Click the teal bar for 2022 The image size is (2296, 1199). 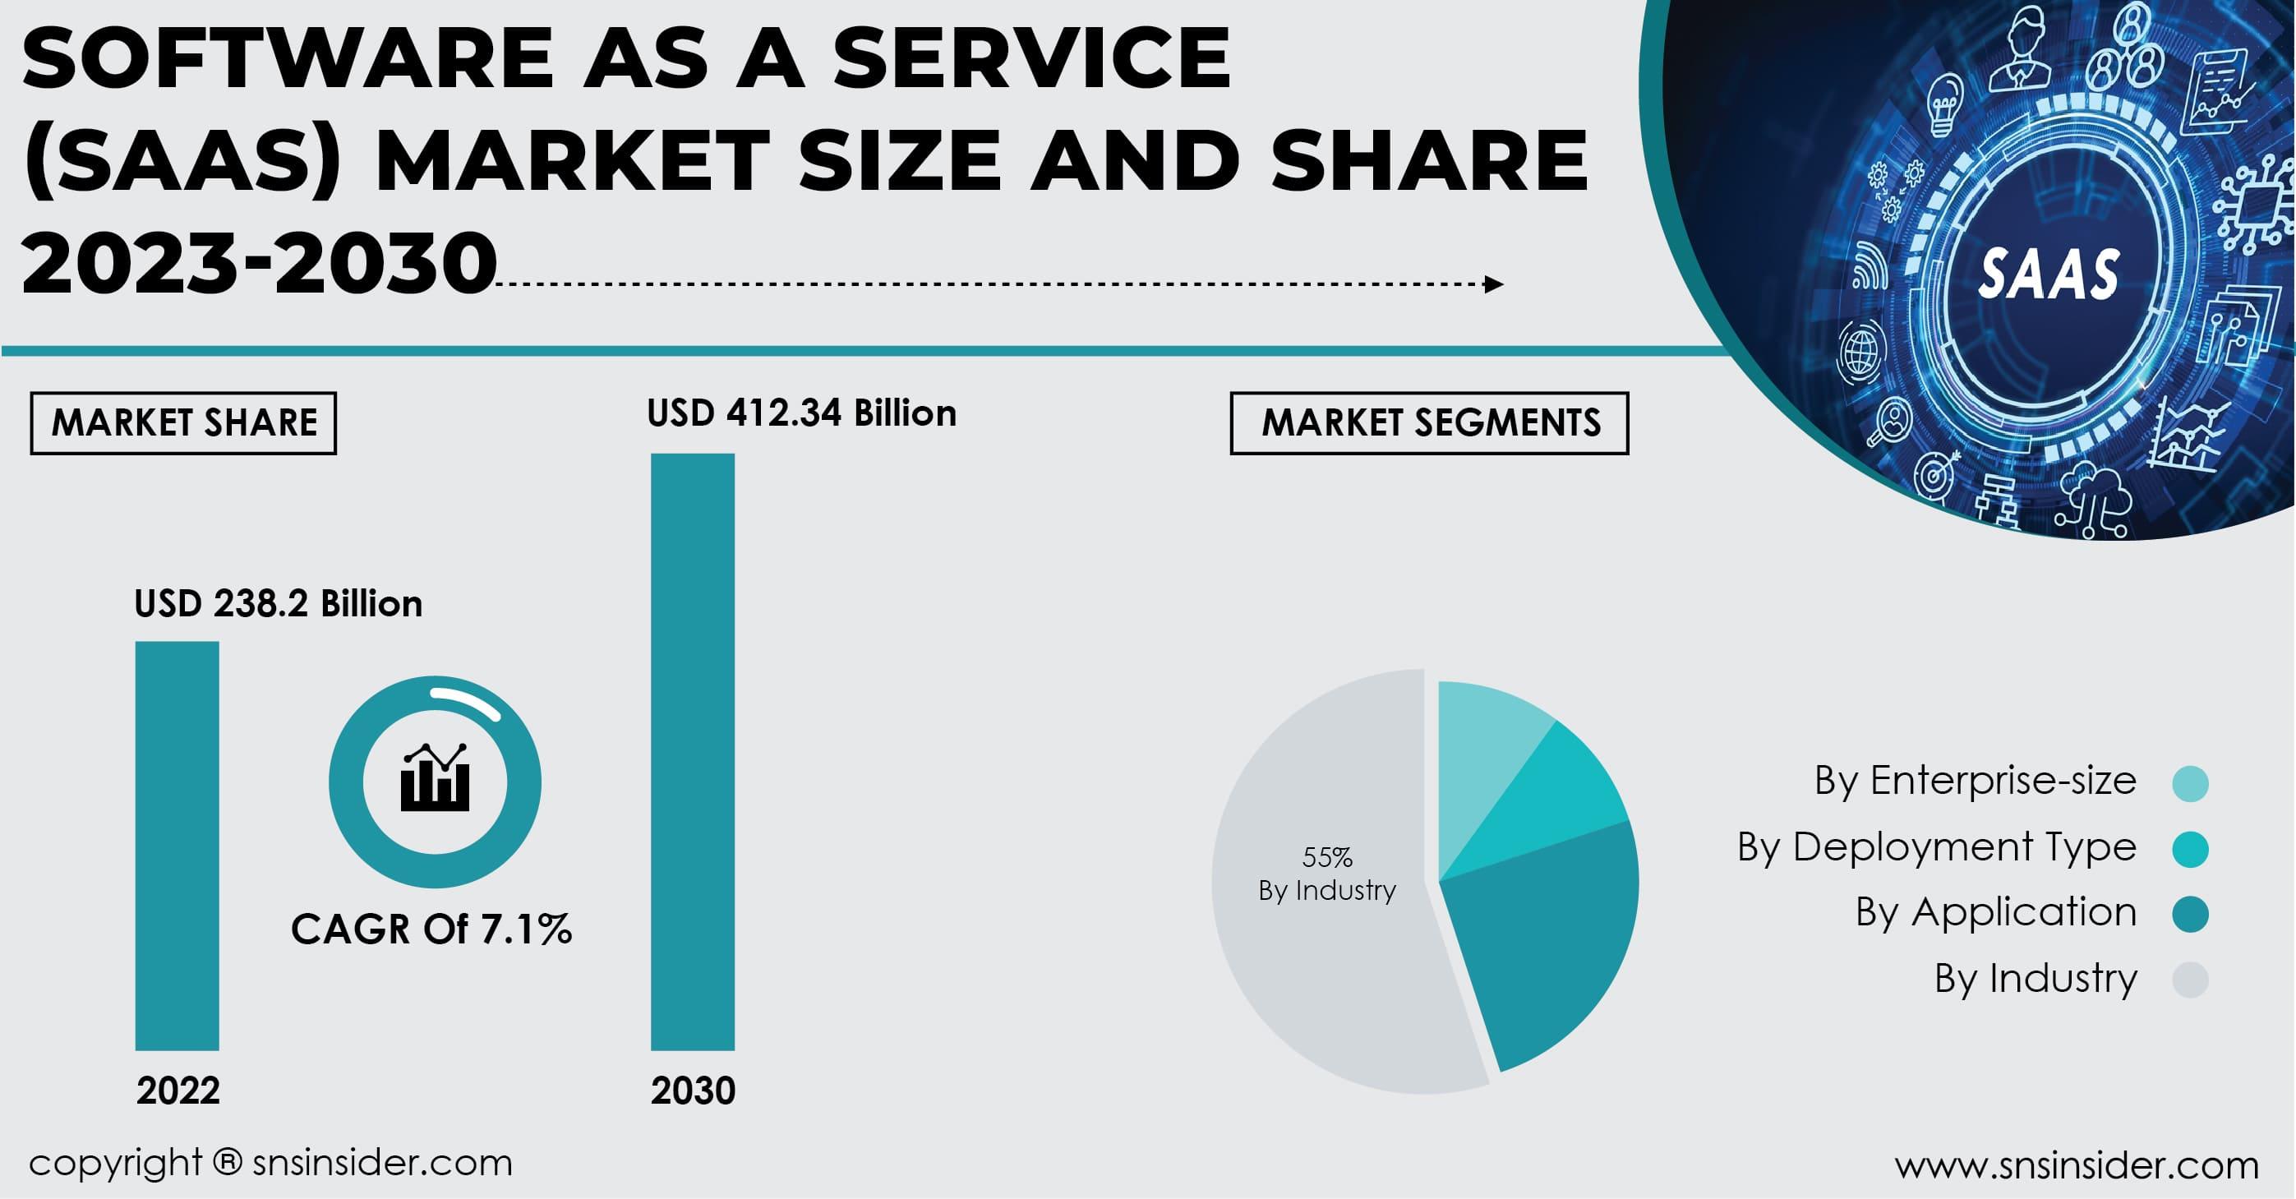pos(177,845)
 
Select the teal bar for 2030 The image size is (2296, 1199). pos(693,751)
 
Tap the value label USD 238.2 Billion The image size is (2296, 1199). pos(278,604)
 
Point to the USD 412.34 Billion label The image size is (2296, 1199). pos(801,413)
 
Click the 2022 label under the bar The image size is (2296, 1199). pos(178,1091)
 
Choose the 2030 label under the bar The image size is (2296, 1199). pos(694,1091)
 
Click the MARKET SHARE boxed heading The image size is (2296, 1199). pos(183,422)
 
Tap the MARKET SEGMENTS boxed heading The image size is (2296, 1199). pos(1430,422)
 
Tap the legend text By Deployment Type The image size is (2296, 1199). pos(1937,847)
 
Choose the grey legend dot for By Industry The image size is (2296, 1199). pos(2190,980)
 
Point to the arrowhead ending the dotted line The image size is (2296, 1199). pos(1494,284)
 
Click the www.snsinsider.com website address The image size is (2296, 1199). pos(2077,1165)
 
